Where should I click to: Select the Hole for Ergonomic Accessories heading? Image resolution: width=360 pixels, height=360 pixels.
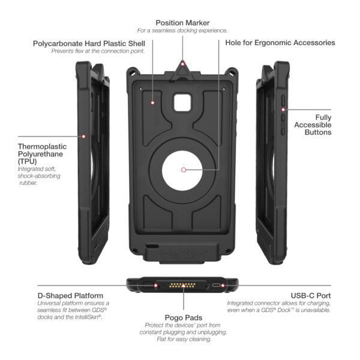pyautogui.click(x=280, y=43)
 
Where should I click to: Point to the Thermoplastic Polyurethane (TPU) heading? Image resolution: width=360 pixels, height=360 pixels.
pyautogui.click(x=42, y=154)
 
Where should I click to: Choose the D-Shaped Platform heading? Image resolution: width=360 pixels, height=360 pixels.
pyautogui.click(x=70, y=296)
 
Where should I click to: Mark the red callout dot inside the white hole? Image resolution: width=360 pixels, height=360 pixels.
pyautogui.click(x=183, y=170)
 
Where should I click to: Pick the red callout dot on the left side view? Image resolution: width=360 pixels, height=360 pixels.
pyautogui.click(x=84, y=136)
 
